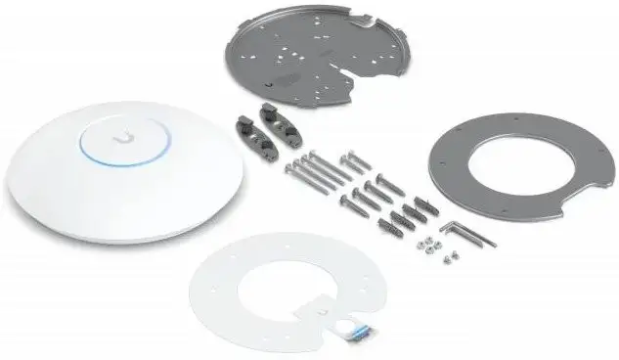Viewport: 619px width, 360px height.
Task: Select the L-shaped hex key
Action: pyautogui.click(x=461, y=233)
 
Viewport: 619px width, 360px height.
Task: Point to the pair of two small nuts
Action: pyautogui.click(x=451, y=258)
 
